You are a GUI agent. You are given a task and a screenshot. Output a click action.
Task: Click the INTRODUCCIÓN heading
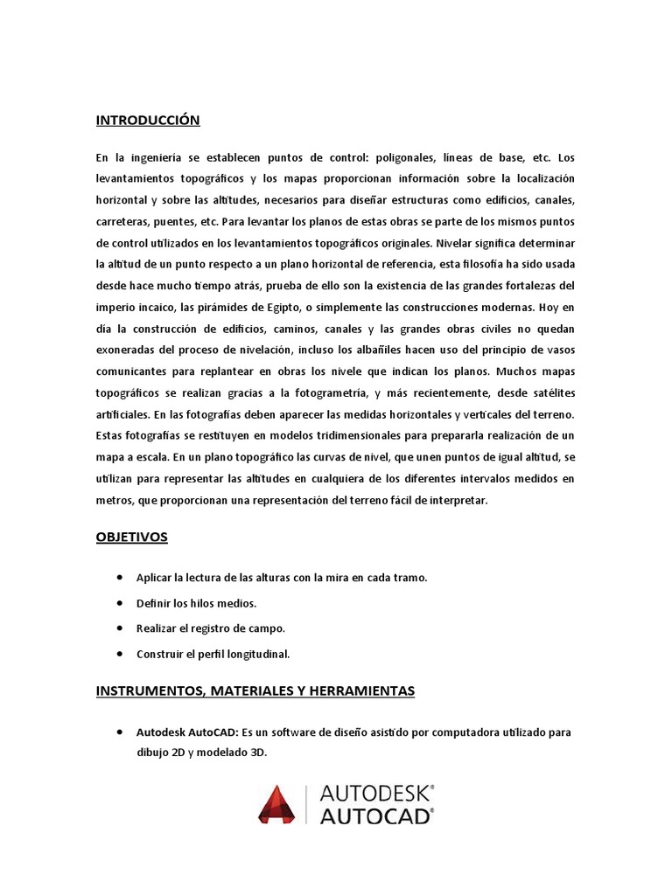point(148,121)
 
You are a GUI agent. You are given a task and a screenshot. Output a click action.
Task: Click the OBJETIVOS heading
point(131,538)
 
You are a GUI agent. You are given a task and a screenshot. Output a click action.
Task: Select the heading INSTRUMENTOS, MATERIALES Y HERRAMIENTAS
point(255,691)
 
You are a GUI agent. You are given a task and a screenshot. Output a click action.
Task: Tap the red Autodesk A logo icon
point(276,804)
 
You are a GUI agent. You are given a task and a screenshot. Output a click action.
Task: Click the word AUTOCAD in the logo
point(376,816)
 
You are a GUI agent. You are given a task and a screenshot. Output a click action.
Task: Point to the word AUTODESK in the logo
point(376,794)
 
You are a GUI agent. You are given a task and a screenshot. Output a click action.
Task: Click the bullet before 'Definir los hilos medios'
point(118,603)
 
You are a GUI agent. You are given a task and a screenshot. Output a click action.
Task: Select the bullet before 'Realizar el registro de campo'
point(118,628)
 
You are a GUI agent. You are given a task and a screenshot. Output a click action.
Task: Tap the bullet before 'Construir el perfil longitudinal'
point(118,654)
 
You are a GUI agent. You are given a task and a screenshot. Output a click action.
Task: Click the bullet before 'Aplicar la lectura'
point(118,578)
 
